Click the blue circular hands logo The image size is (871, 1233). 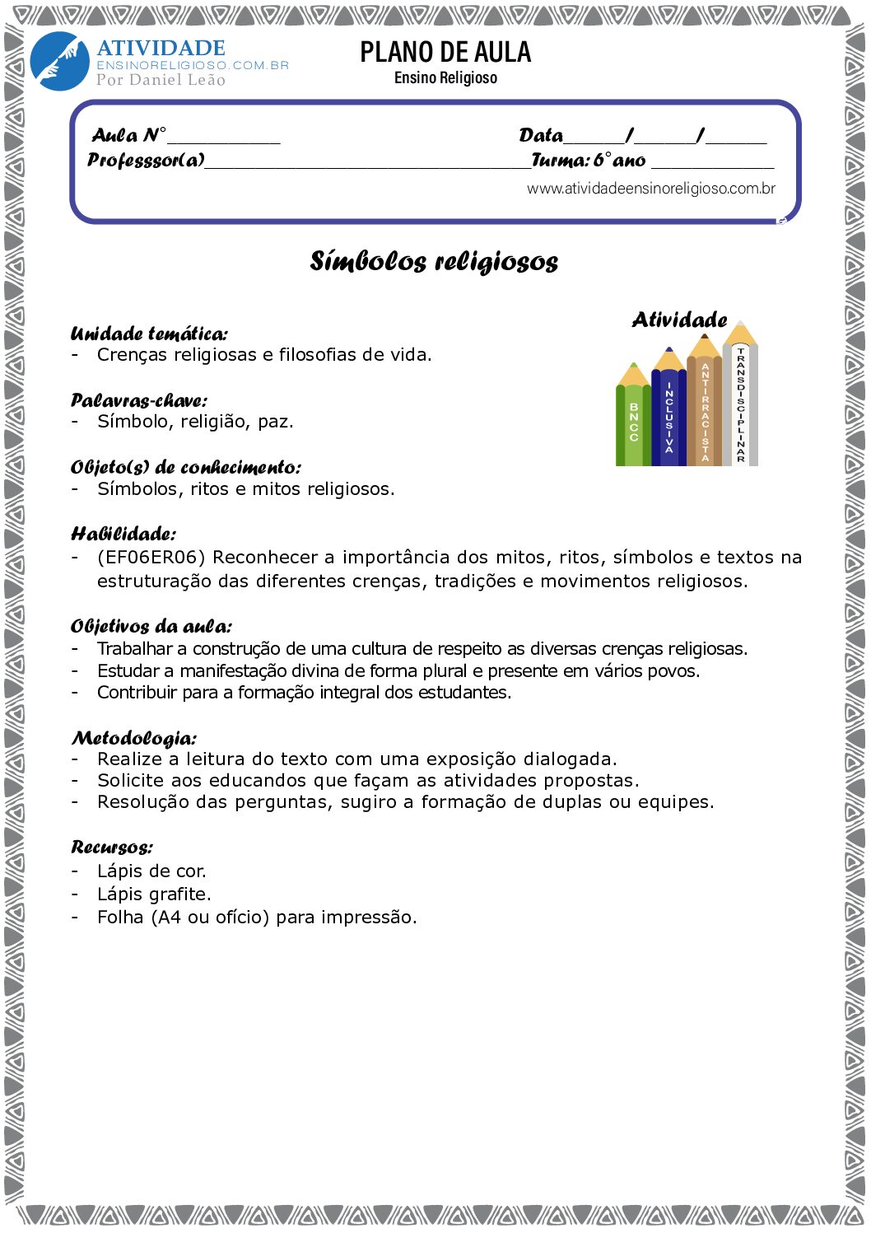pos(59,62)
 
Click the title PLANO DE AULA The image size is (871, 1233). pos(445,53)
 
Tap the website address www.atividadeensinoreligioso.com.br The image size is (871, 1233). pos(650,189)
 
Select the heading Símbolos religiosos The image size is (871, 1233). pos(434,261)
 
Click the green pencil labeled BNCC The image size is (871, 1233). pos(633,420)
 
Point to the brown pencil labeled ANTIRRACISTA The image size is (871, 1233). pos(705,408)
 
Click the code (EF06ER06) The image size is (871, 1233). pos(151,558)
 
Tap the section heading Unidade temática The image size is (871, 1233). pos(149,334)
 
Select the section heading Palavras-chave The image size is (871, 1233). pos(138,401)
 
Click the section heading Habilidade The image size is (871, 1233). pos(123,534)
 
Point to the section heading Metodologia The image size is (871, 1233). pos(133,738)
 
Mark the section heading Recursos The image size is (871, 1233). pos(111,848)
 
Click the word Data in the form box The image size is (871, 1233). pos(541,136)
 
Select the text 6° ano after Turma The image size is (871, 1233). pos(620,161)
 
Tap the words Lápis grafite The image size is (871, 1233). pos(154,894)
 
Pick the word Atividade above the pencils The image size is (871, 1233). pos(679,320)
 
